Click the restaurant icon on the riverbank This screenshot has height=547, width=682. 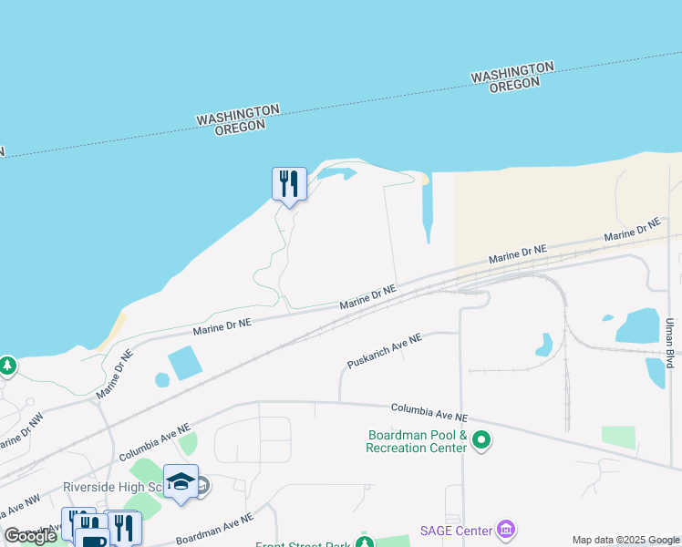[289, 184]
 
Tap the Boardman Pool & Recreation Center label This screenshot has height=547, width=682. [417, 441]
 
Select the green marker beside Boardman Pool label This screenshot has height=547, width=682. [481, 442]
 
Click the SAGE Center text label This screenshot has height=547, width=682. [456, 531]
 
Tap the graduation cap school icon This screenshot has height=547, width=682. [181, 480]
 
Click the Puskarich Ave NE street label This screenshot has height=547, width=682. [384, 351]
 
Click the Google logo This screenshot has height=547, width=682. [31, 536]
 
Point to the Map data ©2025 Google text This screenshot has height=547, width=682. [626, 540]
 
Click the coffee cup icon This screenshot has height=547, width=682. [93, 538]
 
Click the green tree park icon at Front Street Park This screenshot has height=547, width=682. [364, 542]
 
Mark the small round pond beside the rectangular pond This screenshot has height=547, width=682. [162, 379]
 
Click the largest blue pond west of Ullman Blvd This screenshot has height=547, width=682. [638, 325]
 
